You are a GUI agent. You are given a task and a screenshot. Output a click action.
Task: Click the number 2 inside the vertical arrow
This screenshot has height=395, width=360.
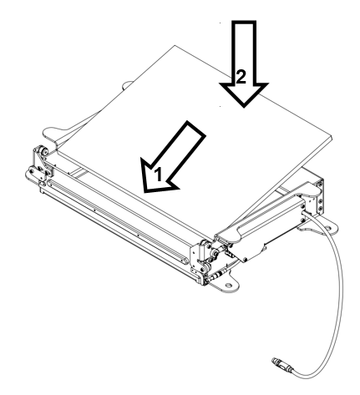click(240, 77)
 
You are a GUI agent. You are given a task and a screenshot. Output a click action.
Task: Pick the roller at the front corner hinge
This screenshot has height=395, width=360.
click(202, 248)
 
